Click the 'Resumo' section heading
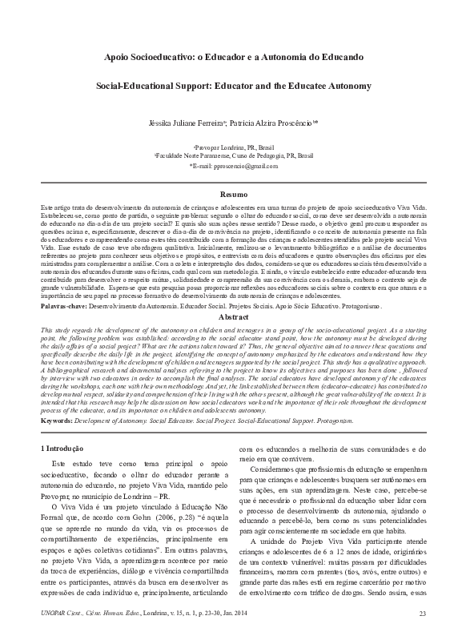point(227,195)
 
